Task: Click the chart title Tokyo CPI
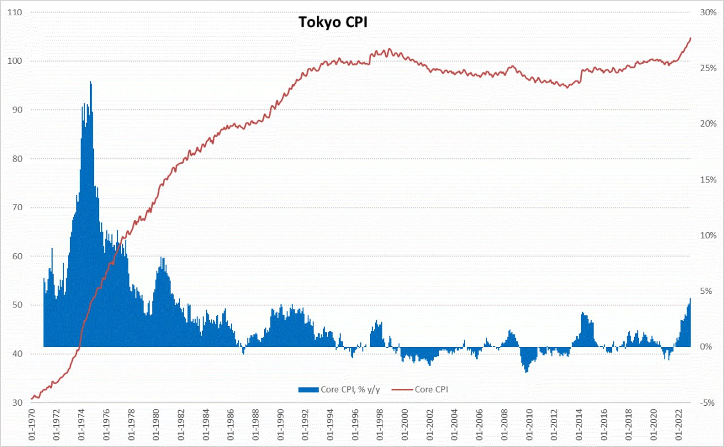click(x=333, y=22)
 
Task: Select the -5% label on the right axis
click(x=707, y=402)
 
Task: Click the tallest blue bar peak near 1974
click(x=90, y=83)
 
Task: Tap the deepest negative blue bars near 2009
click(x=527, y=371)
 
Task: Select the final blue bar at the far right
click(x=690, y=299)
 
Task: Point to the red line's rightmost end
click(x=691, y=38)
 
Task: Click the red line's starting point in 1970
click(x=32, y=399)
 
